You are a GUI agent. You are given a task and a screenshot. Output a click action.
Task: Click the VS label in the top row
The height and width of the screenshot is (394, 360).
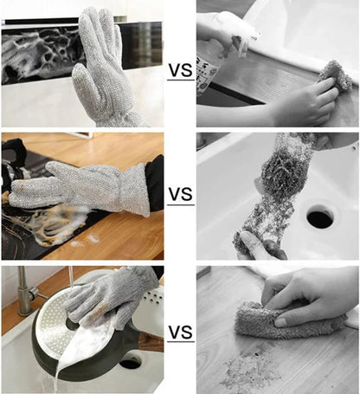(x=180, y=70)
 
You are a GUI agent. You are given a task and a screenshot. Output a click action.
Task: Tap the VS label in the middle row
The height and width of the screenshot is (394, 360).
(x=180, y=197)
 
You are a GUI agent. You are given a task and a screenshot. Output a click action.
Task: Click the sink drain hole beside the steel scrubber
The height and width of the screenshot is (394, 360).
(x=319, y=216)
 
